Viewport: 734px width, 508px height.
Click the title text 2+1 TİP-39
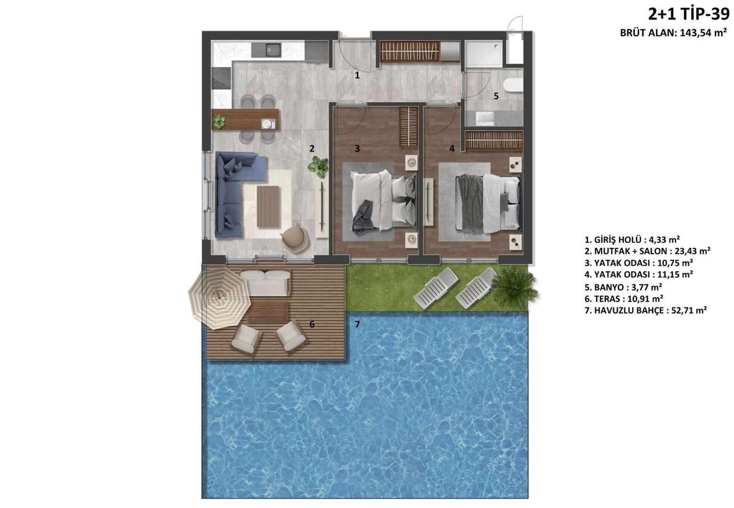coord(689,15)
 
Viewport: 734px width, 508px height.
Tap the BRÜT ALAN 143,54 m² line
coord(673,33)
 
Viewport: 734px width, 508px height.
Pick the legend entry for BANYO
coord(623,287)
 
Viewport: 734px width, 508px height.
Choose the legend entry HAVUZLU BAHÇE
coord(646,310)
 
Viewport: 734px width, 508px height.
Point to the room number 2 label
coord(312,149)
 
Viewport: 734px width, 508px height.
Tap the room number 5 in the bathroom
coord(496,96)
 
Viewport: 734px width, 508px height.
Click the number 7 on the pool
coord(357,324)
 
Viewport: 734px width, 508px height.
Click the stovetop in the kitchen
coord(221,78)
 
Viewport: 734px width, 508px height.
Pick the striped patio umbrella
coord(219,298)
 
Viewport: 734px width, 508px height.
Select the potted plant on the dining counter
coord(219,122)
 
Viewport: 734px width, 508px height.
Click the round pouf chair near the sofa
coord(296,238)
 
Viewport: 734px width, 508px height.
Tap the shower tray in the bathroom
coord(483,54)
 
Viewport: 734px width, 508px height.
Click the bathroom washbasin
coord(485,119)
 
